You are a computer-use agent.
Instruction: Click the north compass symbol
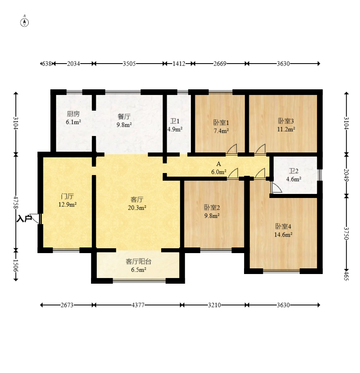24,23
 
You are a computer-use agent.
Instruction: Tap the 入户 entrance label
24,218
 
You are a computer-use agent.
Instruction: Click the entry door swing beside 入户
35,218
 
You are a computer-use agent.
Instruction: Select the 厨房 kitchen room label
73,114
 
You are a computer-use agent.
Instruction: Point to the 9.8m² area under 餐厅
124,125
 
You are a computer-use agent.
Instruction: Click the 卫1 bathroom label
174,122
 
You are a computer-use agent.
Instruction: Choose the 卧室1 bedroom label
221,123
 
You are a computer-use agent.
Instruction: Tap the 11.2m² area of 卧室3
286,129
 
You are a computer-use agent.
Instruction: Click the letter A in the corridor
219,164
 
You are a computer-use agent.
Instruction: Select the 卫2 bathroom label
294,171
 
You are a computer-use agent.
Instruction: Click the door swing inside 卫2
276,188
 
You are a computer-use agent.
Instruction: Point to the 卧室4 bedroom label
283,226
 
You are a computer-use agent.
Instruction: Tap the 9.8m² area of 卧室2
212,216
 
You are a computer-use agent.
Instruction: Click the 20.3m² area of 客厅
137,208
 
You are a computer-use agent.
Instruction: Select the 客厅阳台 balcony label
139,262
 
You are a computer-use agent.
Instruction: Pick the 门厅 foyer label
67,196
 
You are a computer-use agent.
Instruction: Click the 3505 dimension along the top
129,64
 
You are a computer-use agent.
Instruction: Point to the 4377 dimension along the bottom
138,305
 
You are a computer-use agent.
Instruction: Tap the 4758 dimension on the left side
16,202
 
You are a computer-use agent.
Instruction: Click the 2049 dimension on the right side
346,175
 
